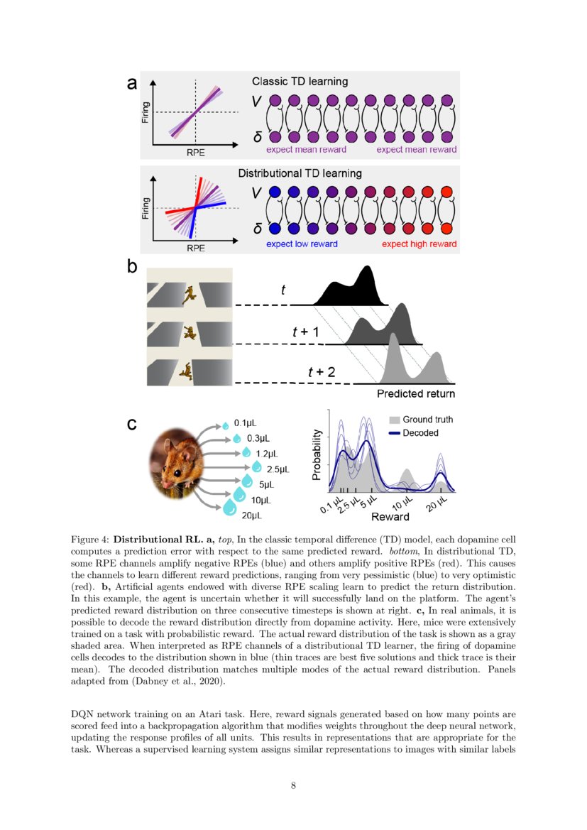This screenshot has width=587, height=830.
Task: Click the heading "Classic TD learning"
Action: click(300, 82)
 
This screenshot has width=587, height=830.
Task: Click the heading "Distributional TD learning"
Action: click(300, 173)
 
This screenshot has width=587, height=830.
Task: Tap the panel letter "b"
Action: click(131, 268)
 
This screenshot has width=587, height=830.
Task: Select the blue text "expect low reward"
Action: click(302, 244)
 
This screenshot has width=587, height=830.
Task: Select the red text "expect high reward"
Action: click(419, 244)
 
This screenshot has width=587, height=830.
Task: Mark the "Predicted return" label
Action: click(416, 393)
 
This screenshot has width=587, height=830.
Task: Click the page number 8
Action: click(293, 785)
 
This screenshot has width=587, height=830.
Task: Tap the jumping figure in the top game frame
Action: click(188, 294)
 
